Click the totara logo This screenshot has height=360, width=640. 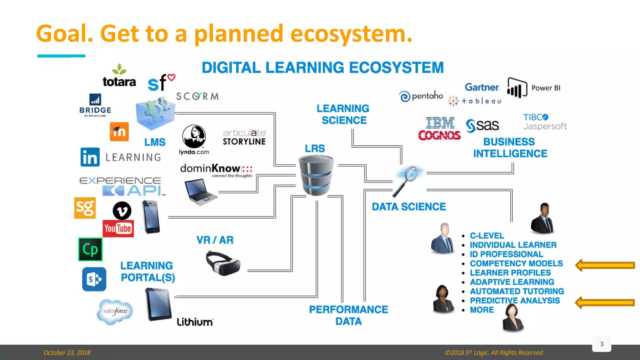click(x=119, y=77)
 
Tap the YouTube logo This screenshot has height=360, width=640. click(x=118, y=228)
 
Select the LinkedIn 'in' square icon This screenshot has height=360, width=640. click(x=90, y=157)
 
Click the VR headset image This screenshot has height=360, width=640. click(x=223, y=263)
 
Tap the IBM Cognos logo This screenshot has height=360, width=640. click(x=439, y=128)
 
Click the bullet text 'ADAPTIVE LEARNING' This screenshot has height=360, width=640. click(x=512, y=282)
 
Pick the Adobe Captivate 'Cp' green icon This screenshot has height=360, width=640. click(x=90, y=249)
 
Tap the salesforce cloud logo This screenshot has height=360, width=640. click(x=115, y=311)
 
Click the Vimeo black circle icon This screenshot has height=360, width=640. click(x=122, y=211)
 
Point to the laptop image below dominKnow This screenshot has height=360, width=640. click(x=200, y=192)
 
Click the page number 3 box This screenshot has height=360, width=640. click(x=602, y=344)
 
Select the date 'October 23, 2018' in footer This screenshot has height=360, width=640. click(x=67, y=352)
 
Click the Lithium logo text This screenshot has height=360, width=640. click(x=195, y=322)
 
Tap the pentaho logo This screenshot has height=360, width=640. click(x=421, y=96)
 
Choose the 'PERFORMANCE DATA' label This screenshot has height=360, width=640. click(x=348, y=315)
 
